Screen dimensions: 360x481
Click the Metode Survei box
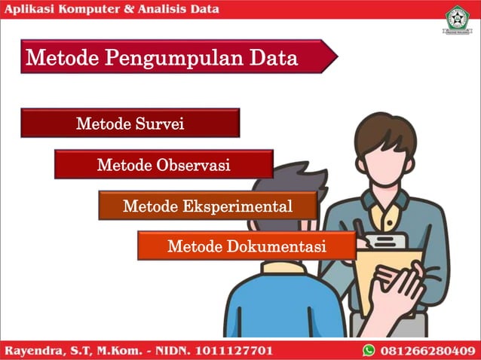point(130,124)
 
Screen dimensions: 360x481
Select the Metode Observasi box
point(164,165)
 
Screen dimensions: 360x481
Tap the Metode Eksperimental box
point(207,206)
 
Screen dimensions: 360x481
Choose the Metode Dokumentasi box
point(247,246)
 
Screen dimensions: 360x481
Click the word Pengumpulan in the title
point(181,58)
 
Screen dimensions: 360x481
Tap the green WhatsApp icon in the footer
point(369,350)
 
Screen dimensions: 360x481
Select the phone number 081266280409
point(427,350)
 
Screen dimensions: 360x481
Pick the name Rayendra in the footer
point(37,350)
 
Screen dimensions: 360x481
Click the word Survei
point(159,124)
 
